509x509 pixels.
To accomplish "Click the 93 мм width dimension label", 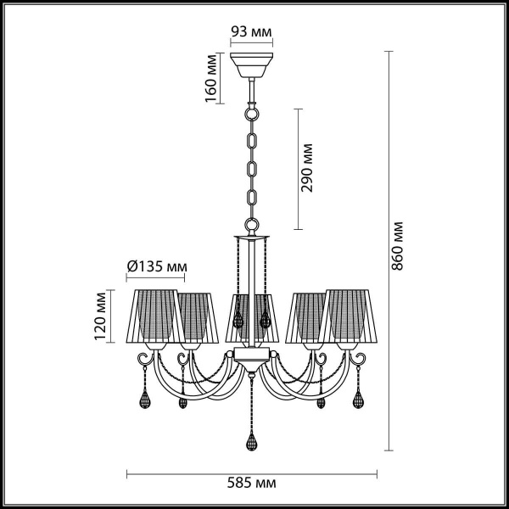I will pos(251,33).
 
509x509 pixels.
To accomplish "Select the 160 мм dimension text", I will pos(212,78).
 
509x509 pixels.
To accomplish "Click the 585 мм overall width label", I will pos(253,484).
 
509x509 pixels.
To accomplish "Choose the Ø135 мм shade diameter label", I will pos(156,266).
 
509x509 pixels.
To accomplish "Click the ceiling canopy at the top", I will pos(251,64).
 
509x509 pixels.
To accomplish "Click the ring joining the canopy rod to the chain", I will pos(251,110).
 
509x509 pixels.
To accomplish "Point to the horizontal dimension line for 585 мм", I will pos(253,471).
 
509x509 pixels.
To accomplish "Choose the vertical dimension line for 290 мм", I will pos(296,169).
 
